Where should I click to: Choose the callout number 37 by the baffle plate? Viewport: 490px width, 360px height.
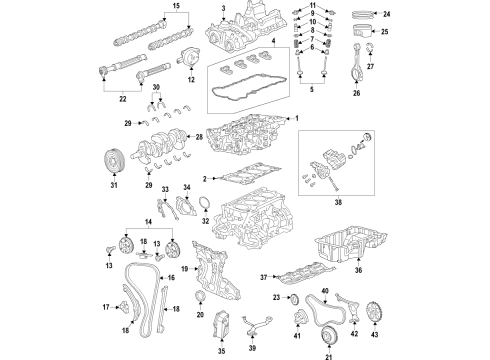tap(263, 275)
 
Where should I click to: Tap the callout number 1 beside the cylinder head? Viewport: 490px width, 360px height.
tap(296, 117)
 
